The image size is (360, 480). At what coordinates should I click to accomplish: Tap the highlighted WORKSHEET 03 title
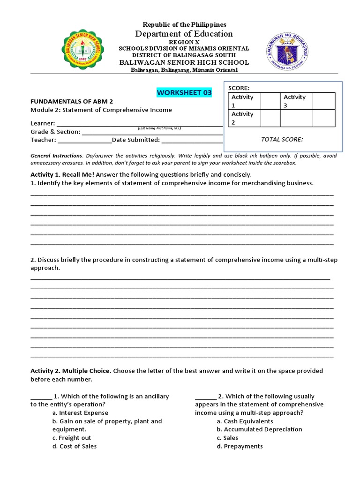tap(184, 92)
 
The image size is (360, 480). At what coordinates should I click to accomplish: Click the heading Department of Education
tap(184, 34)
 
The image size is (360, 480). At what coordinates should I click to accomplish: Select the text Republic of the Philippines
tap(184, 24)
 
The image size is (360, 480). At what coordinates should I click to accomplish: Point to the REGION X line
tap(184, 42)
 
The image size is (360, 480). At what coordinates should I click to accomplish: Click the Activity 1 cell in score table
tap(242, 101)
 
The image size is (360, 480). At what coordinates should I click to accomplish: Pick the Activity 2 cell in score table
tap(242, 118)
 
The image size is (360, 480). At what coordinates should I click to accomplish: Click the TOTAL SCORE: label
tap(282, 139)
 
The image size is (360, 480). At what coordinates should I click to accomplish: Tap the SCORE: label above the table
tap(239, 88)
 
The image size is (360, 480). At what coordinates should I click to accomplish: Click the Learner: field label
tap(43, 123)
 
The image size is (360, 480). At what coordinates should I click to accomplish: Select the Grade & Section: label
tap(55, 132)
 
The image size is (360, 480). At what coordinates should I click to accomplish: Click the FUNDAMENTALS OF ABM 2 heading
tap(72, 101)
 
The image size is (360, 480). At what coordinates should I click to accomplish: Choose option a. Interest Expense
tap(80, 413)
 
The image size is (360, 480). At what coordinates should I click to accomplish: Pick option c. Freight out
tap(72, 438)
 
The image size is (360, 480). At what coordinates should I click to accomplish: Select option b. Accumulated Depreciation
tap(259, 429)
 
